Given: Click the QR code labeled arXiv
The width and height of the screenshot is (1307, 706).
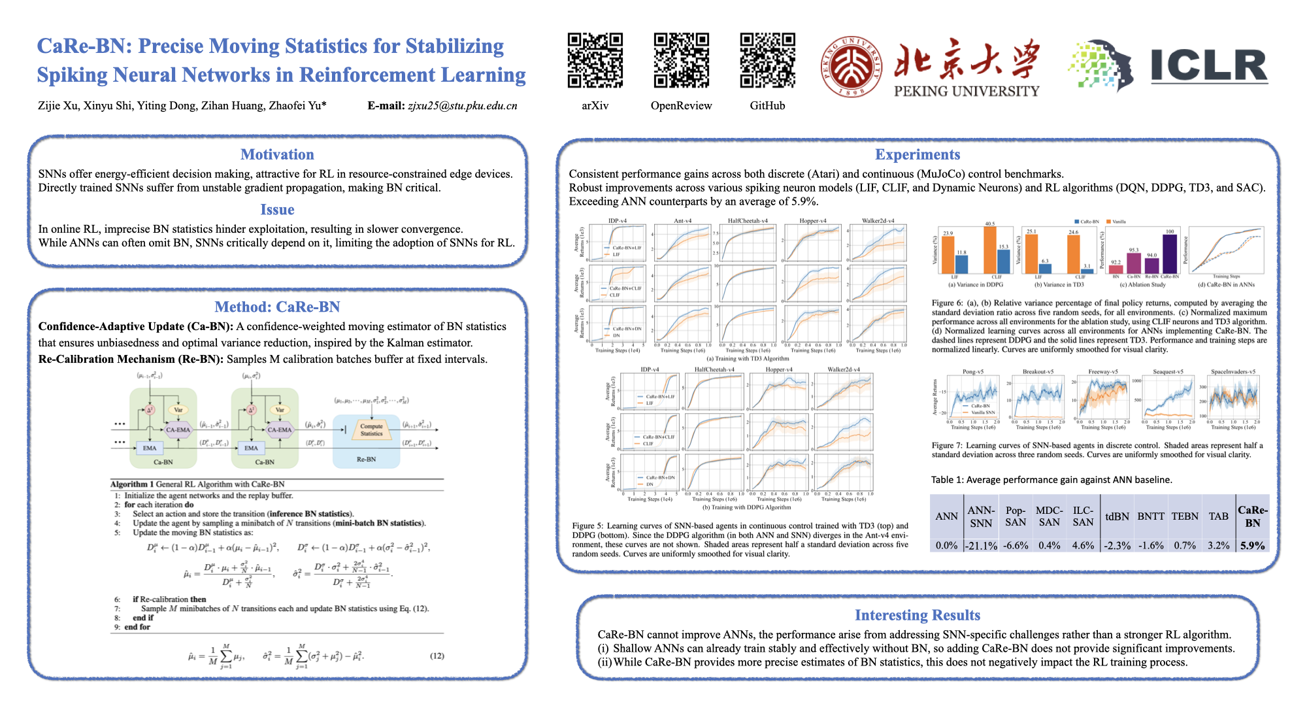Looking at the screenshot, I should point(595,60).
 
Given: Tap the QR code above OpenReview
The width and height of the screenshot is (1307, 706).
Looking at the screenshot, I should point(681,60).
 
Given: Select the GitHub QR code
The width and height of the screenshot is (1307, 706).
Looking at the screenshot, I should point(767,60).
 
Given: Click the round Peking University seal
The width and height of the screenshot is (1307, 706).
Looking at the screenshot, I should point(851,67).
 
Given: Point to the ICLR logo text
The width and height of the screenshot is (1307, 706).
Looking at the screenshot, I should point(1209,66).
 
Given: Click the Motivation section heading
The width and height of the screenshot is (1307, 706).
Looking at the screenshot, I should point(277,154).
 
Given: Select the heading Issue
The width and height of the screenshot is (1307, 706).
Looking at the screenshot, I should point(277,209).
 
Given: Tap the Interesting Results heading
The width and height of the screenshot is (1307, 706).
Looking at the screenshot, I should point(918,615).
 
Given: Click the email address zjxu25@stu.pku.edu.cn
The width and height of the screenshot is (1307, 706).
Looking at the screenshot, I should point(463,106).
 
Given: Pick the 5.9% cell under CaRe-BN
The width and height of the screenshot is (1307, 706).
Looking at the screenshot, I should point(1252,545).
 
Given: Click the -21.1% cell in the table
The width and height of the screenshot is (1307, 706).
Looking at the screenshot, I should point(981,545).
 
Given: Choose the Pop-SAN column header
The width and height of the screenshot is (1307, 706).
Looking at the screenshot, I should point(1016,516).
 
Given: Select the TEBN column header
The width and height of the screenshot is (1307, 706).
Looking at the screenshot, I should point(1185,516).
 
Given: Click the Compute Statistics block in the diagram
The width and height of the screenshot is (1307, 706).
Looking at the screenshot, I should point(371,429).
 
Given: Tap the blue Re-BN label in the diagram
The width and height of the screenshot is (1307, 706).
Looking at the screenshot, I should point(366,460).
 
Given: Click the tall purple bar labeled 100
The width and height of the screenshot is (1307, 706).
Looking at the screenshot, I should point(1169,254).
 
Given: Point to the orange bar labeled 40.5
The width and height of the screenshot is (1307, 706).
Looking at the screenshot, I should point(990,250).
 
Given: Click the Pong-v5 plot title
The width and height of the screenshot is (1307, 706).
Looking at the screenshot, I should point(973,372).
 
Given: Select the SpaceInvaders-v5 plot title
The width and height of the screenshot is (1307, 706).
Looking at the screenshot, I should point(1233,372).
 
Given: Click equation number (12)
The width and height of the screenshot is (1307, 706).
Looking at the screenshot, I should point(437,656).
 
